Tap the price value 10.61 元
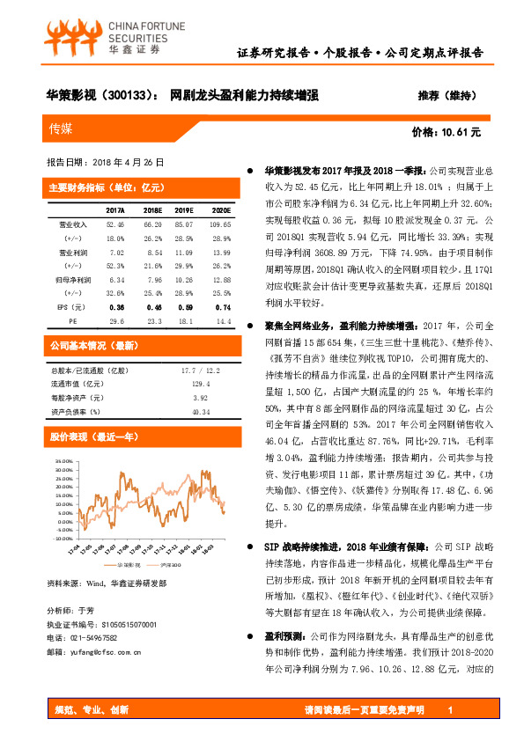coord(461,132)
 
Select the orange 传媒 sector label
coord(63,129)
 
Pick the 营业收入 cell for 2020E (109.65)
coord(220,225)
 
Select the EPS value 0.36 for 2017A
coord(115,308)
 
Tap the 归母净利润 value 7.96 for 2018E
coord(153,280)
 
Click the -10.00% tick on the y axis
coord(63,530)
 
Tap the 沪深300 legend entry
coord(170,564)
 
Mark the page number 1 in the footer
coord(450,710)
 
